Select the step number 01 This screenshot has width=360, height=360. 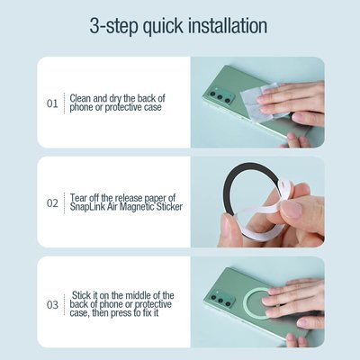point(52,103)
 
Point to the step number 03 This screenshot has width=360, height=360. point(52,304)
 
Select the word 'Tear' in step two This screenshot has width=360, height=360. point(80,196)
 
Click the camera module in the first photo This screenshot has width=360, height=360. point(220,96)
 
